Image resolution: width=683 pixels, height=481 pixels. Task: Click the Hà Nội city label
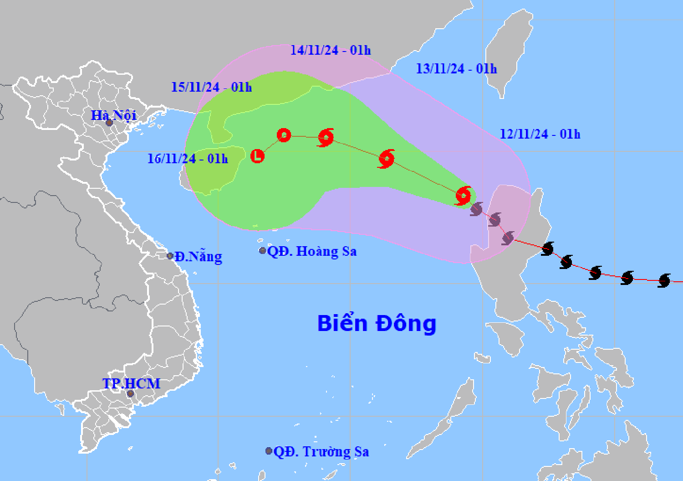(x=113, y=115)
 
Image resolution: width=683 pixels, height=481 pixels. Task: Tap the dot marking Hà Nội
(x=109, y=123)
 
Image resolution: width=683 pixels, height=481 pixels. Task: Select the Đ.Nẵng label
(x=199, y=257)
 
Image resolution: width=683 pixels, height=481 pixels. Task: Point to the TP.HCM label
(x=131, y=383)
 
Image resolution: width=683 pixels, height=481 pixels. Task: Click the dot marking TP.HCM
(x=131, y=393)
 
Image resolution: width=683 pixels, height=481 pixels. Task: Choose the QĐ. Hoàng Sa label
(x=312, y=251)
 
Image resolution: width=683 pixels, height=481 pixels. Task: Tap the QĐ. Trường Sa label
(x=321, y=452)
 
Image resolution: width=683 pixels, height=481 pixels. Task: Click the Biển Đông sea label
(x=377, y=323)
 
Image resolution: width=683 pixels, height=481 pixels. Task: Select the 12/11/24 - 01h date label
(x=540, y=134)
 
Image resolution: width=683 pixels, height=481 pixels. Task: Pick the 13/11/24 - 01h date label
(x=456, y=69)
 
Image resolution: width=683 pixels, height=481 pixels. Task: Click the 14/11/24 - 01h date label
(x=331, y=50)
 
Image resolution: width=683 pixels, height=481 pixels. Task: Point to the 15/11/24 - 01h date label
(x=211, y=87)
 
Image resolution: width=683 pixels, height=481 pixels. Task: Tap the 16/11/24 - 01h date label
(x=188, y=159)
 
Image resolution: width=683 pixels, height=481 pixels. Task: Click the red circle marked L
(x=258, y=156)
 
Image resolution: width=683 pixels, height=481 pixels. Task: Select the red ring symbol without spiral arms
(x=284, y=135)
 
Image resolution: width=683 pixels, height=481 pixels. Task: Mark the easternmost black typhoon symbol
(x=664, y=280)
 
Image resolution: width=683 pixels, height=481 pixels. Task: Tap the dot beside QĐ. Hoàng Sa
(x=263, y=251)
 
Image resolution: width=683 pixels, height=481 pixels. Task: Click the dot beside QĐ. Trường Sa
(x=269, y=451)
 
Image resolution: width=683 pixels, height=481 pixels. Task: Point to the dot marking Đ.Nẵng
(x=170, y=256)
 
